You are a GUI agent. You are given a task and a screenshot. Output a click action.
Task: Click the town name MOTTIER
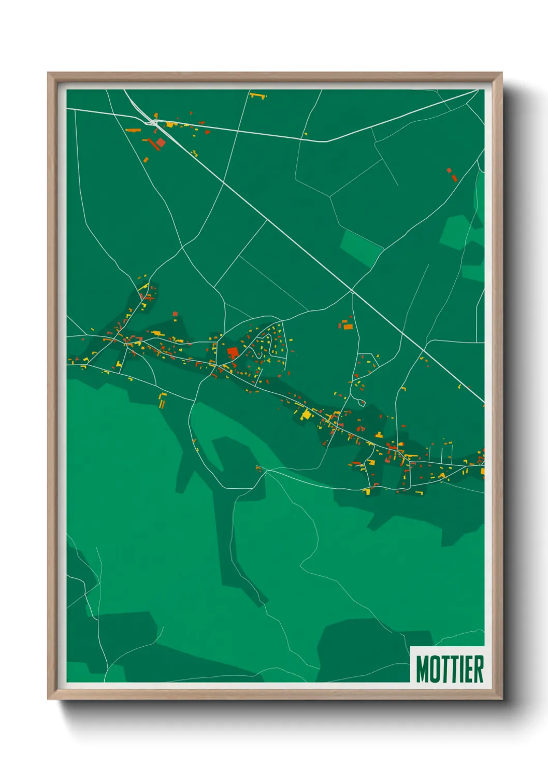tap(450, 669)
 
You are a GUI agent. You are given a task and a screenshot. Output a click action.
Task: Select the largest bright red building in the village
tap(232, 353)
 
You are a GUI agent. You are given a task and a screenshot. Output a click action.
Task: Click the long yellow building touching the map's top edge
tap(257, 95)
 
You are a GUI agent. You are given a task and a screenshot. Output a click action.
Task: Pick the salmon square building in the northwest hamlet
tap(161, 142)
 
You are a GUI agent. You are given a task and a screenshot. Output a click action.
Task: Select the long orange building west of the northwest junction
tap(133, 130)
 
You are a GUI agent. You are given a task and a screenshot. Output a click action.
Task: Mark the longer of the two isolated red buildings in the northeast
tap(454, 178)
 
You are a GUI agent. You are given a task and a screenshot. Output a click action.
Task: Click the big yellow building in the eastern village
tap(307, 414)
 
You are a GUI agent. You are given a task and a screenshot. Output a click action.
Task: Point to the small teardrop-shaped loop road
tap(362, 402)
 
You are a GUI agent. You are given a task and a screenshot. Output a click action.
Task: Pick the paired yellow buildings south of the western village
tap(163, 400)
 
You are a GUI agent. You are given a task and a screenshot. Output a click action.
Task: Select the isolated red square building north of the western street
tap(175, 313)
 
